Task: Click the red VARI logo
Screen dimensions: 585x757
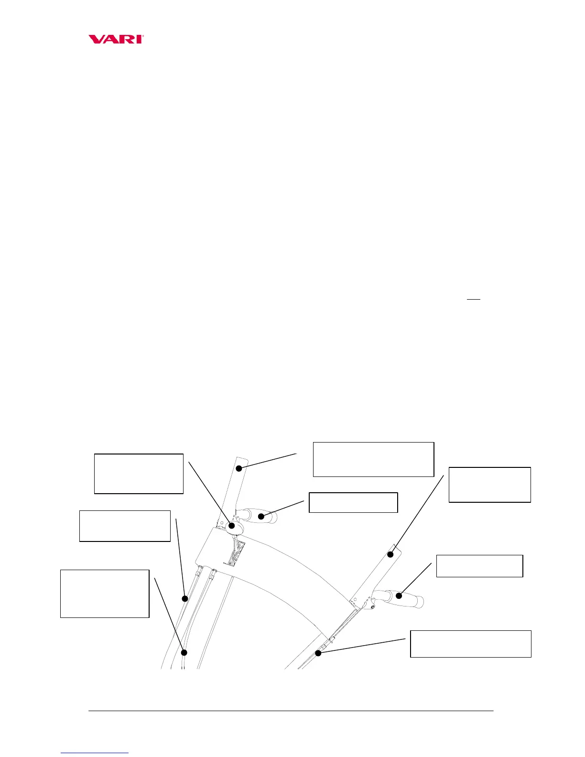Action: tap(116, 39)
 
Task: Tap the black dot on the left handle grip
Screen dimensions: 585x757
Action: tap(261, 516)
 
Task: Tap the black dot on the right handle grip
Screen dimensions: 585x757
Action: tap(398, 595)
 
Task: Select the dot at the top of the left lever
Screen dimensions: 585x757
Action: tap(239, 468)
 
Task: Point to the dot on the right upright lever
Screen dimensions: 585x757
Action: tap(390, 554)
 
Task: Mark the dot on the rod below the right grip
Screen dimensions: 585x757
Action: tap(318, 653)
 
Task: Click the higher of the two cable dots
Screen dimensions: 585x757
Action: tap(185, 598)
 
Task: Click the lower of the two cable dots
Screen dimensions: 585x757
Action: tap(184, 652)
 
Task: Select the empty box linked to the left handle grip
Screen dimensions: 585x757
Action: tap(353, 502)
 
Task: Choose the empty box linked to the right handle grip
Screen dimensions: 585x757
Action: tap(479, 566)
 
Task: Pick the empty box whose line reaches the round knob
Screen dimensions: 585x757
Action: tap(139, 474)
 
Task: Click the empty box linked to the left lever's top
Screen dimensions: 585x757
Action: tap(373, 459)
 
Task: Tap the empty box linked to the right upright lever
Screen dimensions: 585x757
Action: tap(489, 485)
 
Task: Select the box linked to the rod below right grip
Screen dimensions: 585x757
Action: tap(471, 644)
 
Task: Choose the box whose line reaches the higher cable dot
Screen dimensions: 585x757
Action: tap(125, 526)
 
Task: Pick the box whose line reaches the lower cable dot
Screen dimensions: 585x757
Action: tap(105, 594)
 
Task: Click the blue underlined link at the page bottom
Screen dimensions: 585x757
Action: tap(95, 753)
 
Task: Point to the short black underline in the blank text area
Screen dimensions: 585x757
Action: tap(473, 300)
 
